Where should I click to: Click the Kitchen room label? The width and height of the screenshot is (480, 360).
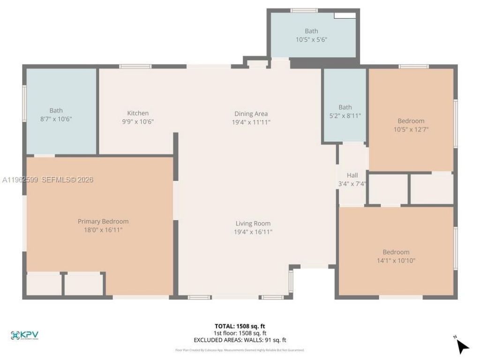(x=138, y=113)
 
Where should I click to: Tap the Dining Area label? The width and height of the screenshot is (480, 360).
(x=251, y=113)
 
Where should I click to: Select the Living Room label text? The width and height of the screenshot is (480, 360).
(x=253, y=224)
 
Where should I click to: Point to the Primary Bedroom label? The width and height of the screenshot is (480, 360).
(x=103, y=221)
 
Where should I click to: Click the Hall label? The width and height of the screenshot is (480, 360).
(x=352, y=175)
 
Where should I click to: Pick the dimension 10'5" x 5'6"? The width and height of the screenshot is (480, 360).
(x=311, y=40)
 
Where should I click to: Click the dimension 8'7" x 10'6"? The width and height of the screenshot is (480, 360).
(x=56, y=119)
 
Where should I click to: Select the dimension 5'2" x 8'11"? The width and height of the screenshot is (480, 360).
(x=345, y=115)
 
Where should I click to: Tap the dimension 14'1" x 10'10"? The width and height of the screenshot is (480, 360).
(x=396, y=260)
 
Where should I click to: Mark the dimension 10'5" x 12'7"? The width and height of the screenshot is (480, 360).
(x=411, y=129)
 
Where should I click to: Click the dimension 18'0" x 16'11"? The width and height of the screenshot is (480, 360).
(x=103, y=230)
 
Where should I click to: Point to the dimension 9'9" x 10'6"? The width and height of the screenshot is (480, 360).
(x=138, y=121)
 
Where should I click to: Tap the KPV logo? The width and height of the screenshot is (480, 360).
(x=24, y=335)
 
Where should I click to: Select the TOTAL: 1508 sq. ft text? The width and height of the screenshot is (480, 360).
(x=240, y=326)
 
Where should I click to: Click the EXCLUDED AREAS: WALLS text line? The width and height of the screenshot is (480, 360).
(x=240, y=340)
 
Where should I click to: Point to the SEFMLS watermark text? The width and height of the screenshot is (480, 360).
(x=67, y=180)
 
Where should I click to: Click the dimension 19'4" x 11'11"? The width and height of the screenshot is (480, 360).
(x=251, y=122)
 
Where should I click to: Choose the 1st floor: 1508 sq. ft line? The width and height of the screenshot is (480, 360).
(x=240, y=333)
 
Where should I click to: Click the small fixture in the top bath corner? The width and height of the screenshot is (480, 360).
(x=345, y=15)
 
